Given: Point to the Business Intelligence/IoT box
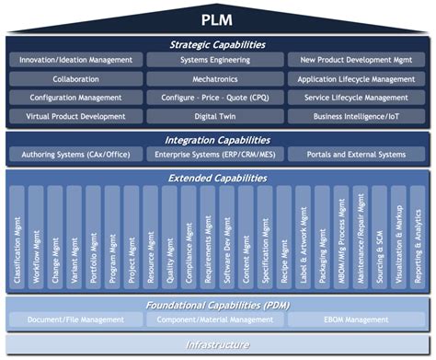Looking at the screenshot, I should (357, 117).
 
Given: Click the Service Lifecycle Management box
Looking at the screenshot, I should (357, 98).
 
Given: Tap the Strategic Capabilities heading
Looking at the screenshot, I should (217, 43).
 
